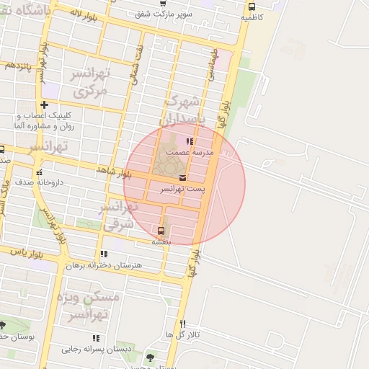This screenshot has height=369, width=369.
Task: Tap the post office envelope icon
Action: coord(182,177)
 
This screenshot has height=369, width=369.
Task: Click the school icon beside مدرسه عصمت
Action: coord(190,142)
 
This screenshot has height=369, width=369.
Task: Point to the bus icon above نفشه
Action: coord(160,231)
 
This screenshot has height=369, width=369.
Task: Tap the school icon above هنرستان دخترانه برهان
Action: coord(104,254)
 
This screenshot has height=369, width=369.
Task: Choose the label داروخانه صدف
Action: coord(40,182)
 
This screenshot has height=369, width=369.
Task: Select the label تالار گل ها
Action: coord(182,335)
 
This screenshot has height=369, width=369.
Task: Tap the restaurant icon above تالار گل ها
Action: coord(182,324)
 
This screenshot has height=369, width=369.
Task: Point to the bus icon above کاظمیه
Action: coord(251,6)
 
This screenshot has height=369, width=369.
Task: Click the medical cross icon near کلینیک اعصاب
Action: coord(44,105)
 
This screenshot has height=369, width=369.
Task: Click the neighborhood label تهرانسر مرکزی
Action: coord(90,83)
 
